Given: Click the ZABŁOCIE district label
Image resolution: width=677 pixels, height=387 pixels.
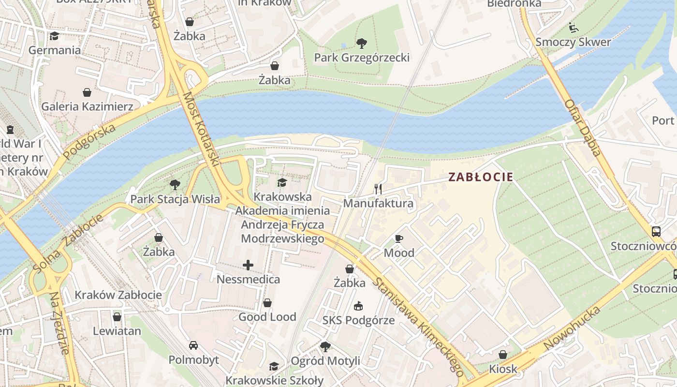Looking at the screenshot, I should [480, 177].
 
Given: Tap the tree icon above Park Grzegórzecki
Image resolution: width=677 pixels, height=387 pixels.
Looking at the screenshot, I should [361, 44].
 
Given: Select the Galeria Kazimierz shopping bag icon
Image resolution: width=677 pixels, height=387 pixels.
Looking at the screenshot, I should [87, 92].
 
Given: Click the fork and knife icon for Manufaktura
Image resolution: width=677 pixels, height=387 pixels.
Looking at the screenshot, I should [378, 189].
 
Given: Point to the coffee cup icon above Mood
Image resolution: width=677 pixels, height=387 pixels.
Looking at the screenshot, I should [399, 238].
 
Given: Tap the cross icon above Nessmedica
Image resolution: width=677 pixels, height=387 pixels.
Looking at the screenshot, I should [248, 265].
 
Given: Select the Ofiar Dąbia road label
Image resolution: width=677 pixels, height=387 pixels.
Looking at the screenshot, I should [583, 128].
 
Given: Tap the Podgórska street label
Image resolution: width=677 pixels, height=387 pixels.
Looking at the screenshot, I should [90, 141].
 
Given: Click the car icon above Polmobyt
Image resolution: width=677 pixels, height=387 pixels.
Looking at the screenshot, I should [193, 345].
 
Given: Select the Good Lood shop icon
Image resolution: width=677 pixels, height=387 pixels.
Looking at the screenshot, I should [267, 303].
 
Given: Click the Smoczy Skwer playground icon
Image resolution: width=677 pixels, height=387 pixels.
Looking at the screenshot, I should [574, 28].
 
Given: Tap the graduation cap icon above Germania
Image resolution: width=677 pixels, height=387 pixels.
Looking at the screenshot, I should [54, 36].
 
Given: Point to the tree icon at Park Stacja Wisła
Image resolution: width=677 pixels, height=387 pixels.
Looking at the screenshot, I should [175, 185].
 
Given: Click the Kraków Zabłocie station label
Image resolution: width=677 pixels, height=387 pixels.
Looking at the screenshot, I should [118, 295].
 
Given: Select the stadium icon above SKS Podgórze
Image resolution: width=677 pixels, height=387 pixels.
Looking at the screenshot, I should [358, 306].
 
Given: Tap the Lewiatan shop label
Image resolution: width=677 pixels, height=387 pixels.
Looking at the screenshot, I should [117, 331].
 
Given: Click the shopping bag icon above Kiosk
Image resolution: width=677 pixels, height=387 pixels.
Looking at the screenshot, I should [503, 355].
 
